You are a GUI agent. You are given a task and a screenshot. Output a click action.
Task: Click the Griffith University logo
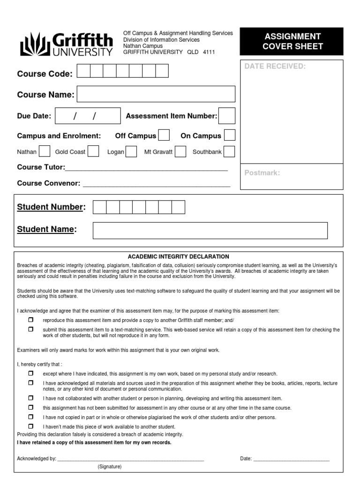pyautogui.click(x=66, y=44)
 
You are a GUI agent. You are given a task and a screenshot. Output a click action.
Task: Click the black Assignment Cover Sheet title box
pyautogui.click(x=292, y=41)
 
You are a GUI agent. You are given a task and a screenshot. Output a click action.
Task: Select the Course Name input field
pyautogui.click(x=156, y=94)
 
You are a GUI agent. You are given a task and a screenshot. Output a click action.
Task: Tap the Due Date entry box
pyautogui.click(x=88, y=116)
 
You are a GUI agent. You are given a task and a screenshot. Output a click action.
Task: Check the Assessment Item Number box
pyautogui.click(x=227, y=116)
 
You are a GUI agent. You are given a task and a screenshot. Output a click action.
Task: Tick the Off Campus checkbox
pyautogui.click(x=164, y=135)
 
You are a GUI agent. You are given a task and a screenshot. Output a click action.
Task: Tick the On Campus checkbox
pyautogui.click(x=229, y=135)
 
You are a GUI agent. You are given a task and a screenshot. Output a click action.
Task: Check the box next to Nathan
pyautogui.click(x=45, y=151)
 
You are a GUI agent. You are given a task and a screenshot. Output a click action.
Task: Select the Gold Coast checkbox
pyautogui.click(x=93, y=151)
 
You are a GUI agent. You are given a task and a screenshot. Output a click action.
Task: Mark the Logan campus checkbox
pyautogui.click(x=131, y=151)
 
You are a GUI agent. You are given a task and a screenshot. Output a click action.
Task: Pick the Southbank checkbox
pyautogui.click(x=229, y=151)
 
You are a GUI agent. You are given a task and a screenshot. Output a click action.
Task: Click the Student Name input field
pyautogui.click(x=210, y=230)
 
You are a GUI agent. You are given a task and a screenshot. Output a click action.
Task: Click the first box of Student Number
pyautogui.click(x=100, y=207)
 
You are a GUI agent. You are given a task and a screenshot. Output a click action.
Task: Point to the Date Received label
pyautogui.click(x=275, y=66)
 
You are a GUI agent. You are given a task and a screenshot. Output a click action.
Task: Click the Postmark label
pyautogui.click(x=262, y=173)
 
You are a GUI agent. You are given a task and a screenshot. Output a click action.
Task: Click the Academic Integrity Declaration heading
pyautogui.click(x=179, y=256)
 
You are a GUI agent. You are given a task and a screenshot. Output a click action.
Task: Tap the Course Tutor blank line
pyautogui.click(x=147, y=168)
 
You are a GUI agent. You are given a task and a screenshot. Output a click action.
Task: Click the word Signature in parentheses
pyautogui.click(x=110, y=467)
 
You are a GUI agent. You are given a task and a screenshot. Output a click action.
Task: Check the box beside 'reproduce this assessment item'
pyautogui.click(x=31, y=320)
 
